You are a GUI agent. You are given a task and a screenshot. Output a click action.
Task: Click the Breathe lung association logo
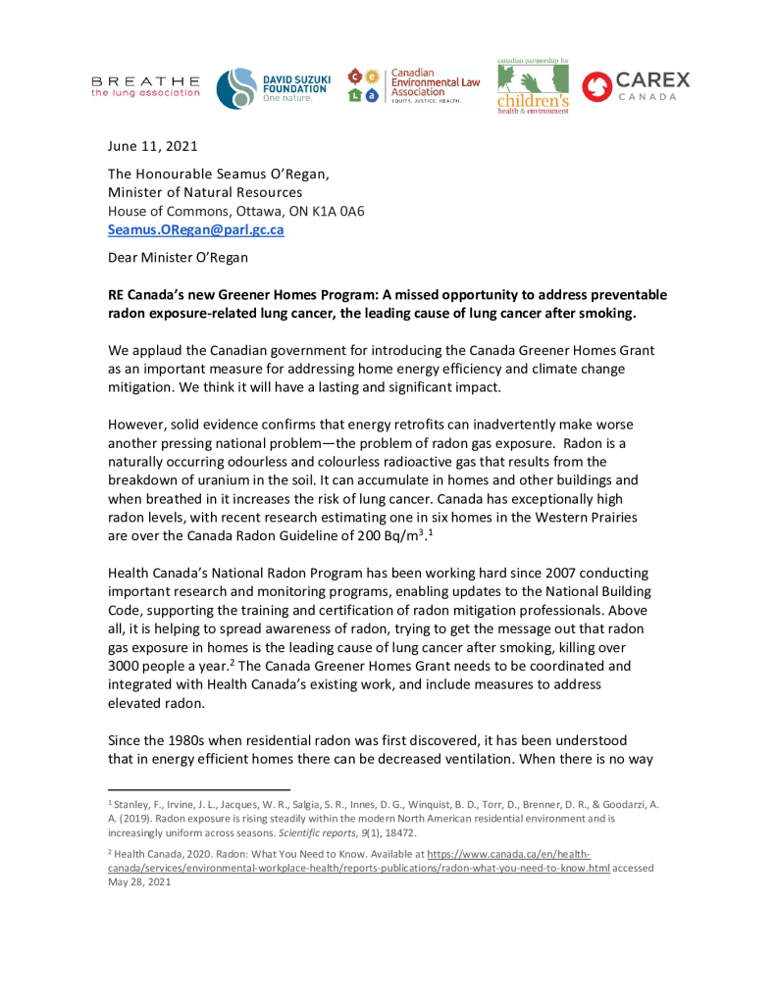click(x=145, y=86)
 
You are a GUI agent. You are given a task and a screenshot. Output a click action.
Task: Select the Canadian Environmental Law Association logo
click(x=413, y=86)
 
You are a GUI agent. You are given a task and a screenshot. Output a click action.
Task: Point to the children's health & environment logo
click(x=532, y=87)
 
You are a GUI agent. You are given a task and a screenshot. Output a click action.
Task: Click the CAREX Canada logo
click(x=636, y=86)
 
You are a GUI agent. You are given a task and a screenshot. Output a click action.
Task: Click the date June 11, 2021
click(x=152, y=147)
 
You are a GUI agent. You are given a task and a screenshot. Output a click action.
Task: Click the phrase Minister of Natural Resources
click(x=204, y=192)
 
